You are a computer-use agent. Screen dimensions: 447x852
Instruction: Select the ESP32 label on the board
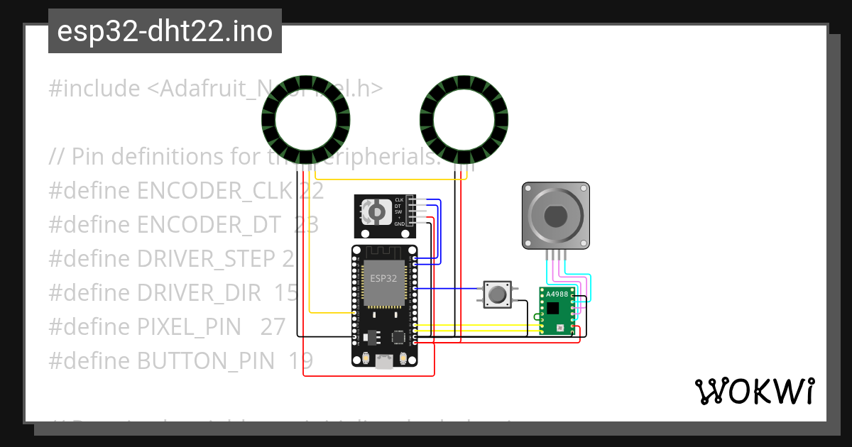click(383, 278)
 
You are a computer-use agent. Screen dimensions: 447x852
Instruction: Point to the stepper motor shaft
click(556, 215)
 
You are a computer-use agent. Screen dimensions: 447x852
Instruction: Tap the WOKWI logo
click(754, 392)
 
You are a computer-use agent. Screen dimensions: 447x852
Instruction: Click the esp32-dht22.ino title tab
click(165, 31)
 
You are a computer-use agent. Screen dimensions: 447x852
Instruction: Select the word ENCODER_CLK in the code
click(214, 191)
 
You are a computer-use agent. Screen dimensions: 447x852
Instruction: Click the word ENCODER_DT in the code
click(209, 225)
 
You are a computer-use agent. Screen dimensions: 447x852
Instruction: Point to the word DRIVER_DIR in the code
click(209, 293)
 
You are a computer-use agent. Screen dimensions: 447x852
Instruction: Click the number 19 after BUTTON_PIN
click(300, 361)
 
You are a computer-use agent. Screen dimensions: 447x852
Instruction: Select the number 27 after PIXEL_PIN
click(273, 327)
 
